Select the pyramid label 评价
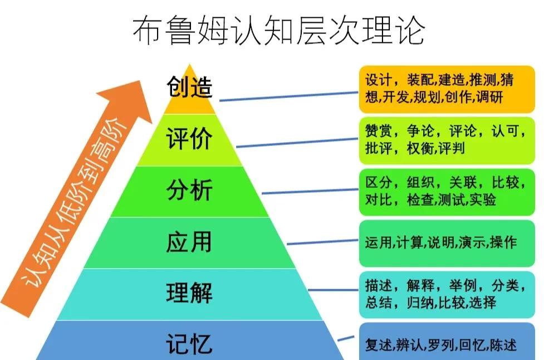(x=189, y=139)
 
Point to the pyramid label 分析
(x=189, y=191)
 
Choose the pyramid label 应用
(x=189, y=242)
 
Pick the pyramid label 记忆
(x=189, y=343)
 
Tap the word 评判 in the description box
(x=451, y=148)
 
